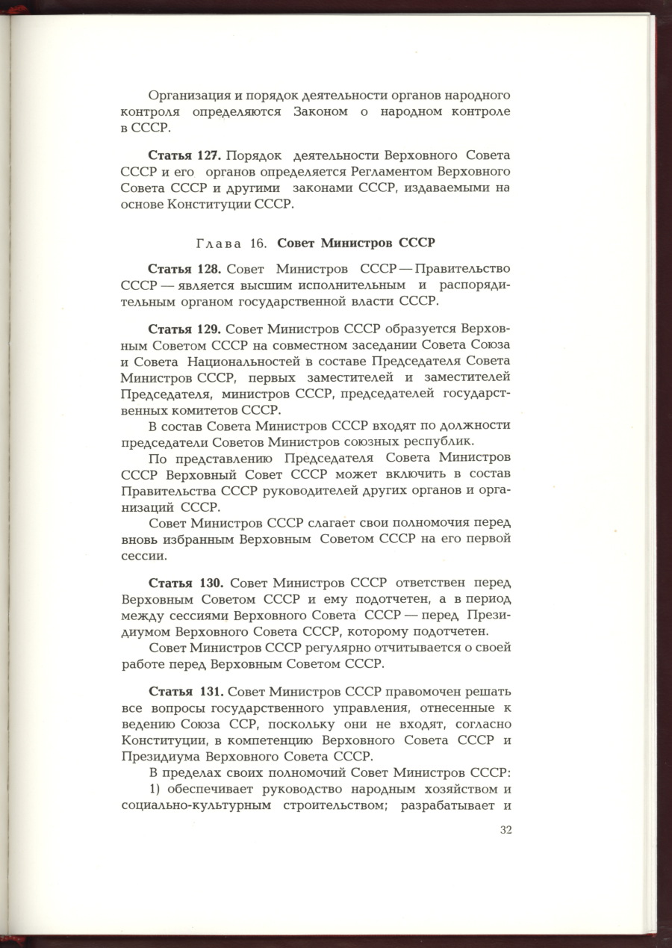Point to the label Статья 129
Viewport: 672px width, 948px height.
(x=184, y=329)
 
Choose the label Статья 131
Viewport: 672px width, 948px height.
(x=184, y=691)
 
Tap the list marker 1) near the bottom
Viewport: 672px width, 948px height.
(x=155, y=789)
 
